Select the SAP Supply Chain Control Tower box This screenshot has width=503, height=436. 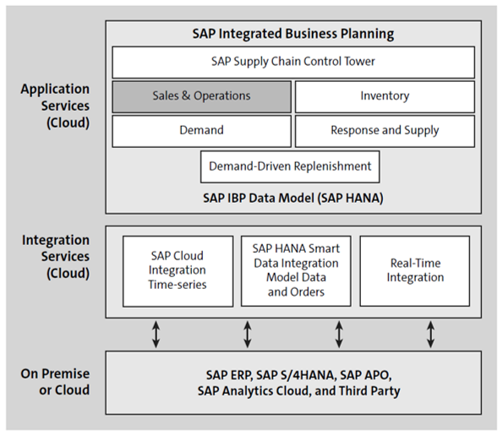[x=293, y=62]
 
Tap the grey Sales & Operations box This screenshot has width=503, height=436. [x=201, y=96]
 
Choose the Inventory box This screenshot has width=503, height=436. [x=385, y=96]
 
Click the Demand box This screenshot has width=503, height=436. [x=201, y=130]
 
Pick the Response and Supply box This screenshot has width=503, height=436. [x=385, y=130]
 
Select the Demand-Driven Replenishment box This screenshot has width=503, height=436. [x=290, y=166]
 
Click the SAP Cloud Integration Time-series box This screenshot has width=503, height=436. [x=178, y=270]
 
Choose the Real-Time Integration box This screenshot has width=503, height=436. [x=414, y=270]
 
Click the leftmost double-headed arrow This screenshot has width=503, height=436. [x=156, y=334]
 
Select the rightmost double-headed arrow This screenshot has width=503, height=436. [x=431, y=334]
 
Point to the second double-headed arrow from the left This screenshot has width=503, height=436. [x=248, y=334]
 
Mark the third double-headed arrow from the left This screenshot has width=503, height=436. [x=339, y=334]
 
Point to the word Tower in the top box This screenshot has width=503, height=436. [x=358, y=62]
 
